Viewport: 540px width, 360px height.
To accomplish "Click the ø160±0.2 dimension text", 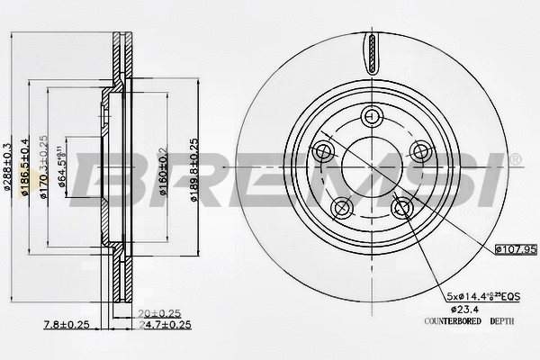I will pos(163,168).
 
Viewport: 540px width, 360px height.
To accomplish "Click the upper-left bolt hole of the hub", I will pos(323,150).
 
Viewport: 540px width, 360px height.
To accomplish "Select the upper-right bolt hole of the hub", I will pos(417,150).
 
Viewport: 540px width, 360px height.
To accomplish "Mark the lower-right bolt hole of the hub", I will pos(400,209).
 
